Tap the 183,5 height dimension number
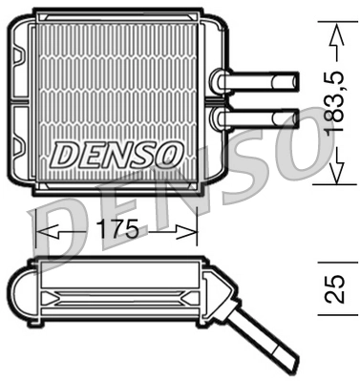click(x=333, y=105)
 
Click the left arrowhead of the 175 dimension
click(x=43, y=230)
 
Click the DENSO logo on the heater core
click(x=116, y=153)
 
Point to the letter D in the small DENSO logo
click(x=64, y=153)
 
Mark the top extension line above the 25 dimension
click(x=329, y=257)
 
